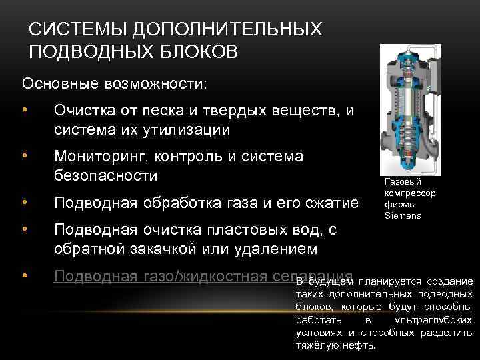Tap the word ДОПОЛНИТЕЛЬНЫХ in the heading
click(227, 30)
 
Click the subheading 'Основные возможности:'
click(115, 84)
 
